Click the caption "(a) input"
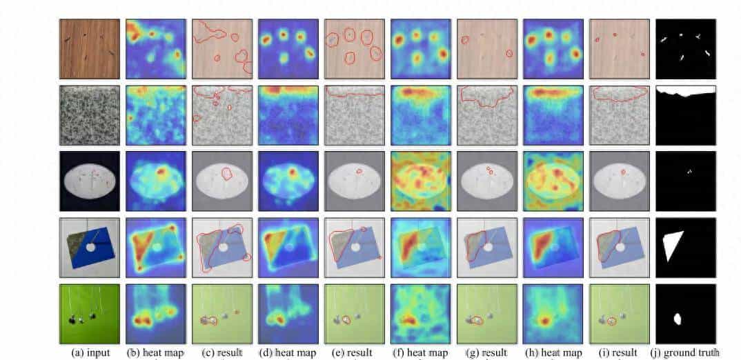click(90, 353)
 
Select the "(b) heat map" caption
click(156, 353)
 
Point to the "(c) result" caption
click(222, 353)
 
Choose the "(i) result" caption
click(620, 353)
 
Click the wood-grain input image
click(90, 48)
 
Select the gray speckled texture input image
click(90, 115)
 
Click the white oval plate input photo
click(90, 181)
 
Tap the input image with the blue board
click(90, 248)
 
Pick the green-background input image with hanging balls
click(90, 314)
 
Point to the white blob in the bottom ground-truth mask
click(678, 319)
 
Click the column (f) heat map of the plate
click(421, 181)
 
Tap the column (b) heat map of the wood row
click(156, 48)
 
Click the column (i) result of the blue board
click(620, 248)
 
